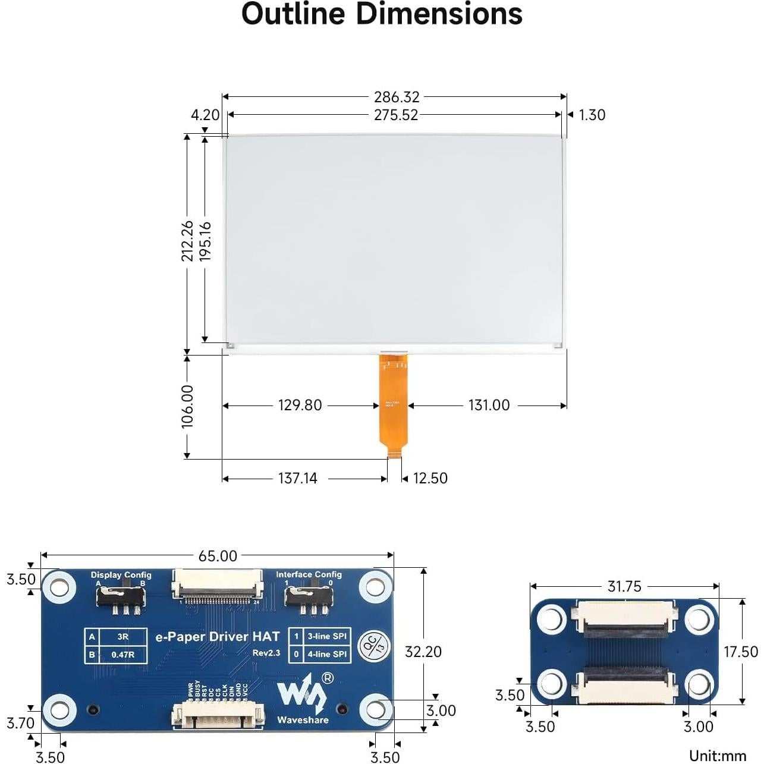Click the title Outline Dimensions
click(x=382, y=14)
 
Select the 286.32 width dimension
click(x=397, y=97)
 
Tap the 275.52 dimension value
click(x=396, y=115)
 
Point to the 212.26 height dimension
click(x=187, y=241)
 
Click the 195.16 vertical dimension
click(x=205, y=241)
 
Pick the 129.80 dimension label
click(x=300, y=405)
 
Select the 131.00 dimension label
click(x=489, y=405)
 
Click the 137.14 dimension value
click(x=297, y=479)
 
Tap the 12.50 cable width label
click(x=430, y=479)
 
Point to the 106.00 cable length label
click(x=187, y=406)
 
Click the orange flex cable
click(x=394, y=404)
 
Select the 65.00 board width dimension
click(x=218, y=556)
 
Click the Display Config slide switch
click(x=121, y=595)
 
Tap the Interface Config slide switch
click(x=308, y=595)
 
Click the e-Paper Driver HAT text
click(x=217, y=637)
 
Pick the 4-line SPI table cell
click(x=326, y=654)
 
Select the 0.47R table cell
click(x=122, y=655)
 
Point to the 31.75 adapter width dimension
click(x=624, y=587)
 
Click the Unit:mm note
click(x=717, y=756)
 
